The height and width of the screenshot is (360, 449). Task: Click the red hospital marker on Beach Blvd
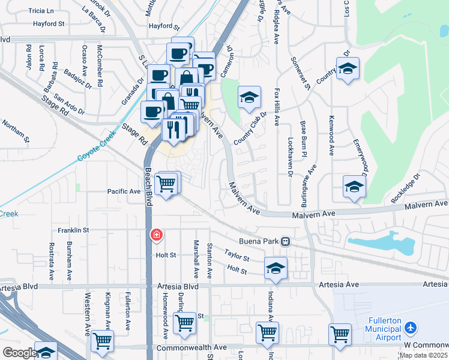156,235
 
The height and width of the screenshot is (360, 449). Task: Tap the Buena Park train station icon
286,242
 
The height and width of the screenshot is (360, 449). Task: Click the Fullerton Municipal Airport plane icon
411,328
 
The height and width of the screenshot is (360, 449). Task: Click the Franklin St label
73,230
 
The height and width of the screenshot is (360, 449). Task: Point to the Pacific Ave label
124,191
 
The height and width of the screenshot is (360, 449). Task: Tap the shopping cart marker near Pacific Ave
166,184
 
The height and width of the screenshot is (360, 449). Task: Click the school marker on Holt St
276,268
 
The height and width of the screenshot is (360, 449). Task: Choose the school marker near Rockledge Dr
354,187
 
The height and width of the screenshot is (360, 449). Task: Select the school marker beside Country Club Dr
249,97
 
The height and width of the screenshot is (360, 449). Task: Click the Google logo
19,353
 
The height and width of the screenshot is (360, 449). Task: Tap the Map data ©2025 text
423,355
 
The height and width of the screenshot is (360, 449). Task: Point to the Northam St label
15,129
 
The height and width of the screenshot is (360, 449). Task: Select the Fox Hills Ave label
277,107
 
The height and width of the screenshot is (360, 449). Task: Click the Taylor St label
237,256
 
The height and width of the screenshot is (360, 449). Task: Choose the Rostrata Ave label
52,257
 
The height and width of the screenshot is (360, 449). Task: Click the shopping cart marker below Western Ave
103,341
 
